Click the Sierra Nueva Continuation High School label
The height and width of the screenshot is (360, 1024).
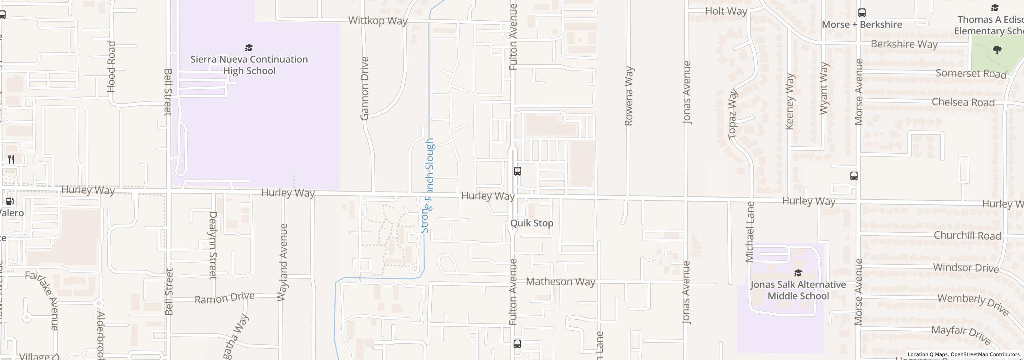pos(249,65)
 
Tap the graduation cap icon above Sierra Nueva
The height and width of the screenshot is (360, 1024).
pos(249,48)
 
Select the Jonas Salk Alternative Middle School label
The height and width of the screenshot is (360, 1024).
pos(798,290)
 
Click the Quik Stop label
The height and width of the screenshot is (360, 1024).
pos(532,223)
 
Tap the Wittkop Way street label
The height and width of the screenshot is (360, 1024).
pos(378,21)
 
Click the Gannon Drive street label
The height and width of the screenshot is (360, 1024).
pos(364,88)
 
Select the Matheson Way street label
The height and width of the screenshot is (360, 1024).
pos(560,282)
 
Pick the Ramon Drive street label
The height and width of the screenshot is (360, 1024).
pos(224,298)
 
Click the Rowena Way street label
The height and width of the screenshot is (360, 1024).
pos(629,96)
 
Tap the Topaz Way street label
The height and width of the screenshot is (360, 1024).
pos(733,114)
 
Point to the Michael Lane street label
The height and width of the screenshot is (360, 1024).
pos(750,232)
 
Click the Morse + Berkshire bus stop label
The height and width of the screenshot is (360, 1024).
pos(862,25)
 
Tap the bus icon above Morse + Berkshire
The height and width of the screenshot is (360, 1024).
pos(862,13)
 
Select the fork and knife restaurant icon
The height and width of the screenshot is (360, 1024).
pos(11,159)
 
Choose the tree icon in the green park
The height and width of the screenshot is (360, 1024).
pos(997,50)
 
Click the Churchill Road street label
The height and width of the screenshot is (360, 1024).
pos(967,236)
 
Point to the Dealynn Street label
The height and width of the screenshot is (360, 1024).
pos(213,245)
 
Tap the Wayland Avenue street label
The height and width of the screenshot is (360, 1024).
pos(283,262)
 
